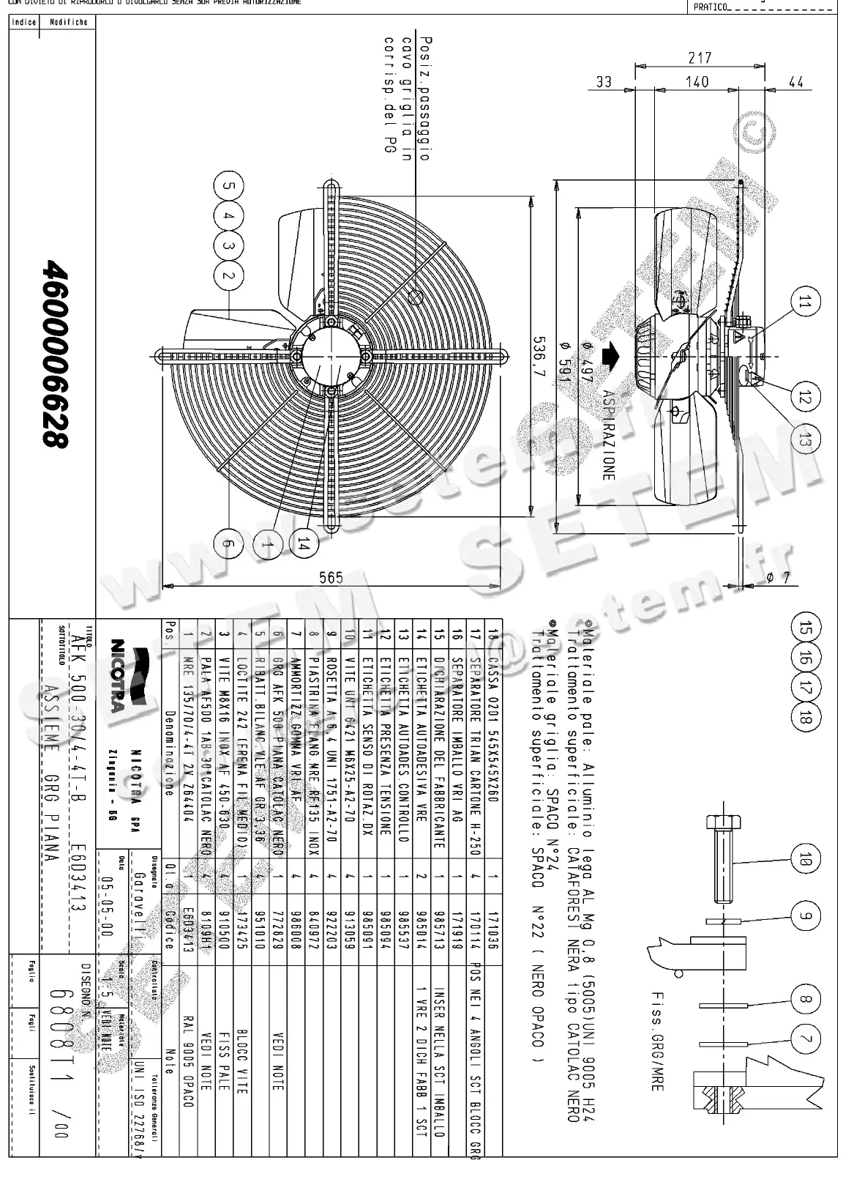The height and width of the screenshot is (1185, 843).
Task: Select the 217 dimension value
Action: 700,58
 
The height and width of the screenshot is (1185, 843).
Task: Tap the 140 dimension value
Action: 697,82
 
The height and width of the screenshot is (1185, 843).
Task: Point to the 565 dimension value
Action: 331,578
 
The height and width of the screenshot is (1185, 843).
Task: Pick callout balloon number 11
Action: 804,303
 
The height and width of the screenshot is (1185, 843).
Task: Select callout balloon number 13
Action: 804,440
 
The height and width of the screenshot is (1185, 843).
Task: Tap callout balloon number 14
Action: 304,543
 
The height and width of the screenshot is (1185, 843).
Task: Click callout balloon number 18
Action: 806,718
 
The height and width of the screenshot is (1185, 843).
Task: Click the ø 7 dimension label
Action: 777,578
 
